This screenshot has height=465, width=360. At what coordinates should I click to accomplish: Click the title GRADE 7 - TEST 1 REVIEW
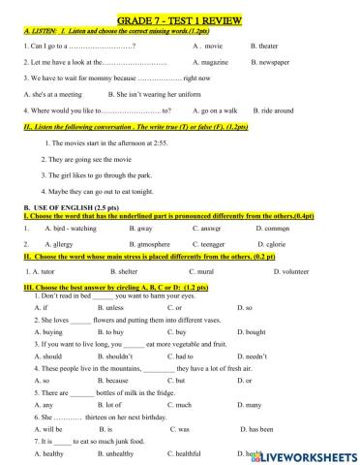[179, 18]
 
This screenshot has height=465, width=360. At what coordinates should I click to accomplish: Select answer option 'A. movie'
[208, 46]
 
